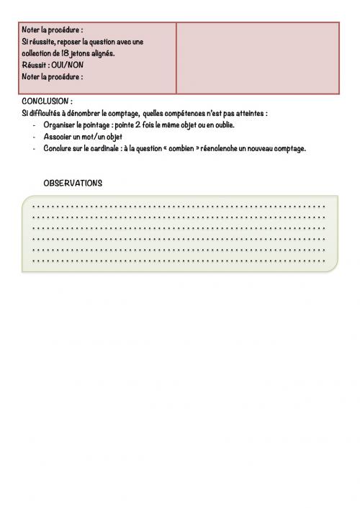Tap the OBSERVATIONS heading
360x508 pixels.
coord(73,183)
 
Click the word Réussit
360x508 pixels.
coord(35,65)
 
